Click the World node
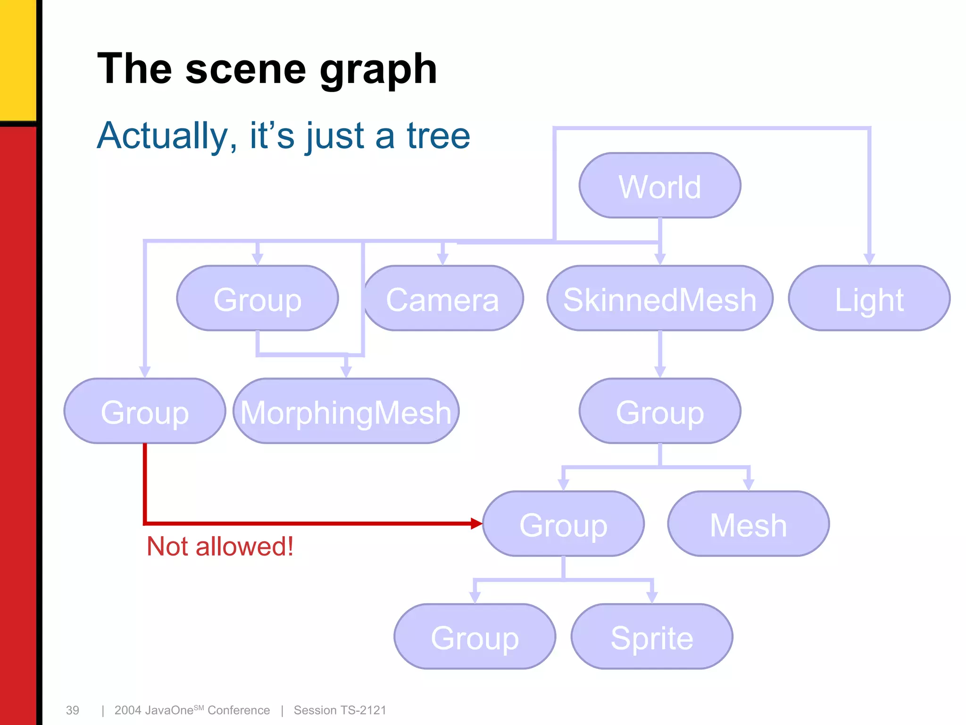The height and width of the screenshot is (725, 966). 659,185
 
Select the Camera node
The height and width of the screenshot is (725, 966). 442,298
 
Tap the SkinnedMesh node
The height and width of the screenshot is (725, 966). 659,298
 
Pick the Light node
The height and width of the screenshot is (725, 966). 869,298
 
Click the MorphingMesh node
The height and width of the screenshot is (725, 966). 346,411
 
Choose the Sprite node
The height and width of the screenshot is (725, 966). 652,637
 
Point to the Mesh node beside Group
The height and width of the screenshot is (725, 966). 748,524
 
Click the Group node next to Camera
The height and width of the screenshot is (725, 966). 258,298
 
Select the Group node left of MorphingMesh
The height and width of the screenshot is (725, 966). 145,411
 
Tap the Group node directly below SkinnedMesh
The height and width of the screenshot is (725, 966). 659,411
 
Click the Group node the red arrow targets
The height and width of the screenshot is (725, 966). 563,524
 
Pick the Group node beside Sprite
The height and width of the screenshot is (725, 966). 475,637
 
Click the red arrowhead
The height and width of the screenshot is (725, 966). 476,523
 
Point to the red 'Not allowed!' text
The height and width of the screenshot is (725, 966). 220,547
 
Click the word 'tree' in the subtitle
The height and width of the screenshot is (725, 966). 438,136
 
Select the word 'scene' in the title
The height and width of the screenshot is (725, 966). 245,69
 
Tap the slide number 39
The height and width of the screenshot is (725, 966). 72,710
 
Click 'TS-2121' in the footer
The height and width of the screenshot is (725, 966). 363,710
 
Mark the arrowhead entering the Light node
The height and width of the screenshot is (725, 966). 869,259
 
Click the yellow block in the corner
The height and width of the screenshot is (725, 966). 18,59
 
